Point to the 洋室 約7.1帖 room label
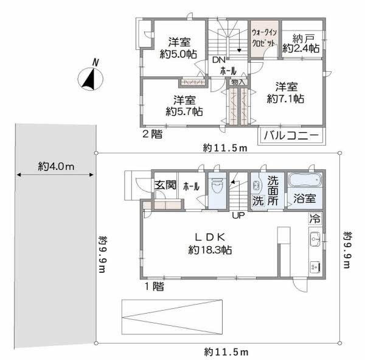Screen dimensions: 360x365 284,92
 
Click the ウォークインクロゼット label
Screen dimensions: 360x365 265,38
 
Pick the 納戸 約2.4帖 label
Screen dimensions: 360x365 301,43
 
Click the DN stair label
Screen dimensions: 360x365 218,60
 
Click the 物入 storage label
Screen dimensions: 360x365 238,82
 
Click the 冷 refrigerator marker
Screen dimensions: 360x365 315,218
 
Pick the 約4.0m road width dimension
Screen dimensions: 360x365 55,166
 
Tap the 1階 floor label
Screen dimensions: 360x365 153,286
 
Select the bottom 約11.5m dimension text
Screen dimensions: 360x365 226,352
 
